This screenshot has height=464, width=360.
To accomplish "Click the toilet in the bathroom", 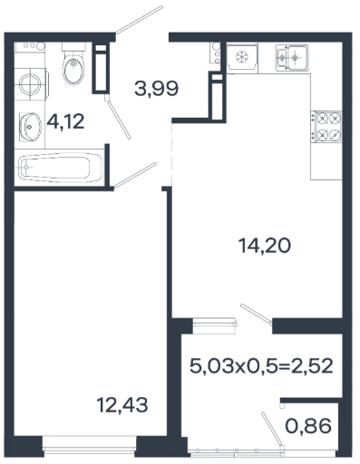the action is (73, 64).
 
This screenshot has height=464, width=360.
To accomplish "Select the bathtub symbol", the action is (59, 167).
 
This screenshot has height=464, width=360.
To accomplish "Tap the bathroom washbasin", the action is (30, 127).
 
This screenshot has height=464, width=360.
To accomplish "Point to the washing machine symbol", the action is (31, 84).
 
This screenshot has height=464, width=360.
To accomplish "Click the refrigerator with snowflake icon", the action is (242, 57).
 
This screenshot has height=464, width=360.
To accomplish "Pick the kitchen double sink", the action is (292, 57).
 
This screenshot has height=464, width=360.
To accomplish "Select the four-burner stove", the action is (326, 126).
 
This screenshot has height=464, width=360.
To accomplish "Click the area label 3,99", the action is (156, 89).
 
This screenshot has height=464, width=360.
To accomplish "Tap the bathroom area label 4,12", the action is (65, 121).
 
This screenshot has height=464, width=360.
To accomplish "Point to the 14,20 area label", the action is (265, 245).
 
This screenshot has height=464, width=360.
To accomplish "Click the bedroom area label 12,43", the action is (122, 404).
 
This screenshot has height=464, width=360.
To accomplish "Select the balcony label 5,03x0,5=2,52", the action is (261, 366).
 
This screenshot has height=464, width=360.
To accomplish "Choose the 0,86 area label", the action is (308, 426).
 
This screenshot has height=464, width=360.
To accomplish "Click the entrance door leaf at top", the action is (139, 19).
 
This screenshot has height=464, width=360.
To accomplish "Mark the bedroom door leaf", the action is (135, 175).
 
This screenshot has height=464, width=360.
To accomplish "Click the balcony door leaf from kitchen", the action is (257, 314).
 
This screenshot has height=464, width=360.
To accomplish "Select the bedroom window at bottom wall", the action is (90, 446).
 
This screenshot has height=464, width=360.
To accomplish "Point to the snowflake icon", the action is (242, 56).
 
